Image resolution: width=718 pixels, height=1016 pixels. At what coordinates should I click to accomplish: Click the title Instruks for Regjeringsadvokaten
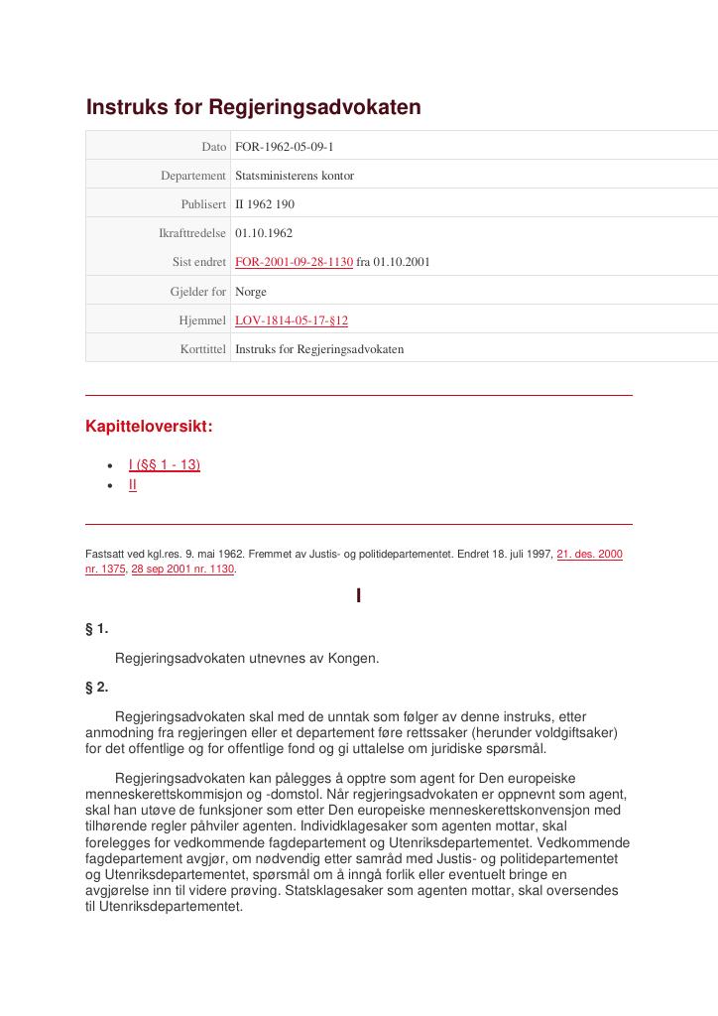[x=253, y=107]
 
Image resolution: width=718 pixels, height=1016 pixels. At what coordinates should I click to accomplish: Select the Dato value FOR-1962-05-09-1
[x=284, y=147]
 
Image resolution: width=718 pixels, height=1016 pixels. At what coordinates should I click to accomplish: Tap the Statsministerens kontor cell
[x=294, y=176]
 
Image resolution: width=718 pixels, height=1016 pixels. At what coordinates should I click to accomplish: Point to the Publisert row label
[x=203, y=204]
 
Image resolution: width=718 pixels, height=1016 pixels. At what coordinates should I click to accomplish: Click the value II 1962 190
[x=264, y=204]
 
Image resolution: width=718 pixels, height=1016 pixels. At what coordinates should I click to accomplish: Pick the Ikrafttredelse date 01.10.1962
[x=263, y=233]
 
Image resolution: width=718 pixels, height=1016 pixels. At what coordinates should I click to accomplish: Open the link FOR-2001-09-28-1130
[x=294, y=262]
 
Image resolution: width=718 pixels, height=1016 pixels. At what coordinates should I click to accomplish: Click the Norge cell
[x=250, y=292]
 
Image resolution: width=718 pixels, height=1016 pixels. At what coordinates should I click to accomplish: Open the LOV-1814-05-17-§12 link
[x=291, y=320]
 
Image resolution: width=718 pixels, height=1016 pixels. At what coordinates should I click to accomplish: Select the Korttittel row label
[x=203, y=349]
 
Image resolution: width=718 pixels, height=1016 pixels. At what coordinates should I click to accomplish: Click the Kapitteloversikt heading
[x=149, y=427]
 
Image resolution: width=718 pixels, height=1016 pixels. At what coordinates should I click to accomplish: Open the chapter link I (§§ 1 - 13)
[x=164, y=464]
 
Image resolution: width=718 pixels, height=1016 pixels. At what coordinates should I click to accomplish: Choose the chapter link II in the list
[x=132, y=484]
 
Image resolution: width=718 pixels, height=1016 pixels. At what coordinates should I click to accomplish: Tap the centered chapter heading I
[x=358, y=596]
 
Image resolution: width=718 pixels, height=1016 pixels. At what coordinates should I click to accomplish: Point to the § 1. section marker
[x=97, y=629]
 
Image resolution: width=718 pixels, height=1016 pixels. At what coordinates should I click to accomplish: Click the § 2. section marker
[x=97, y=687]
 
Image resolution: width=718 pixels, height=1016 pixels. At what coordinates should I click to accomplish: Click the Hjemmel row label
[x=202, y=320]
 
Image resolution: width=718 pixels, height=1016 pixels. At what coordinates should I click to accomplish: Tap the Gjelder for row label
[x=197, y=292]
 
